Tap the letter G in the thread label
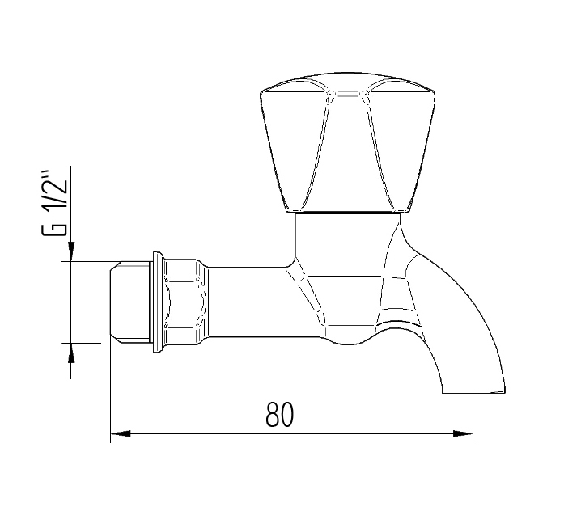click(x=55, y=226)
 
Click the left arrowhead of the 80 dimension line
click(x=120, y=434)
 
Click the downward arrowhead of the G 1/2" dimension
click(x=71, y=252)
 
